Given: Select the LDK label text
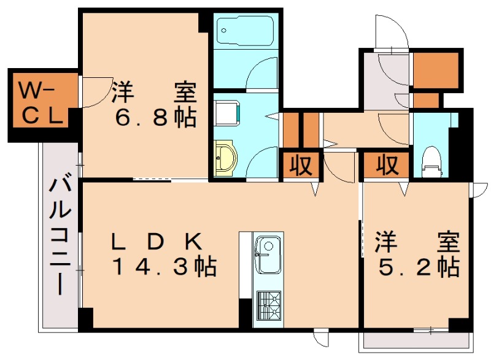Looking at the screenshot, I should click(x=155, y=242).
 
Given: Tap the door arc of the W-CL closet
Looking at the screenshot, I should click(x=92, y=93).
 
